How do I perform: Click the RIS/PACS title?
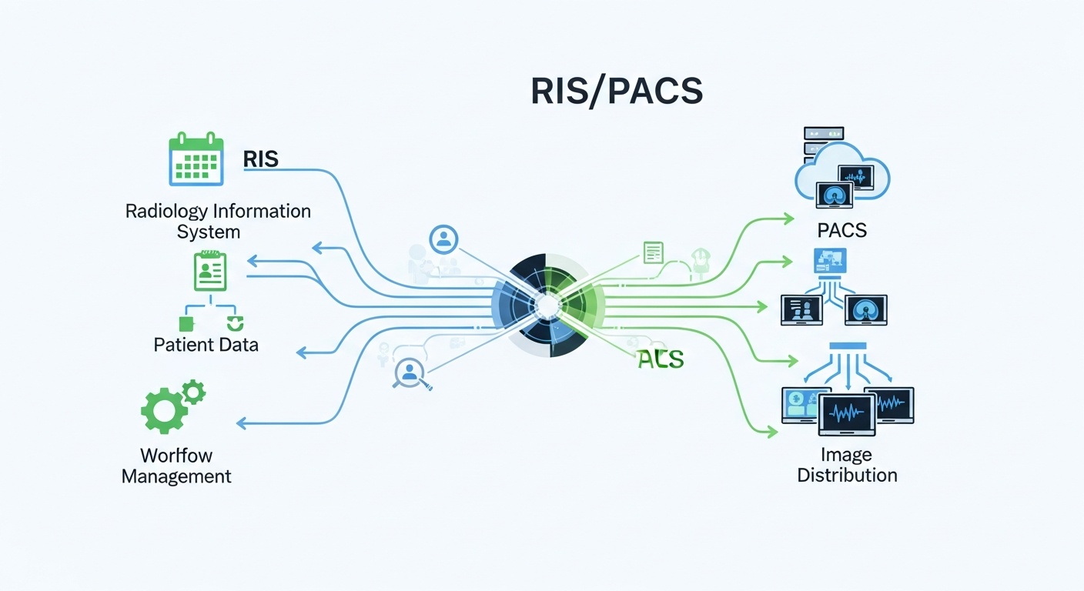coord(616,92)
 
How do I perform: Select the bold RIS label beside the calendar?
coord(260,159)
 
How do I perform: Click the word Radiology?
coord(166,211)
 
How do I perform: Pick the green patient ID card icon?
coord(210,272)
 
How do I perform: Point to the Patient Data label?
coord(206,344)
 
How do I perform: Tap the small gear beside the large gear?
coord(193,392)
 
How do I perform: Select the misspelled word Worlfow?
coord(176,455)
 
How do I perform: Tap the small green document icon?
coord(653,252)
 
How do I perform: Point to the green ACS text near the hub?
coord(660,358)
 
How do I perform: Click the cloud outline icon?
coord(843,173)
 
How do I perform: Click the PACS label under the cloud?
coord(842,229)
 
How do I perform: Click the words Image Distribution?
coord(847,465)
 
